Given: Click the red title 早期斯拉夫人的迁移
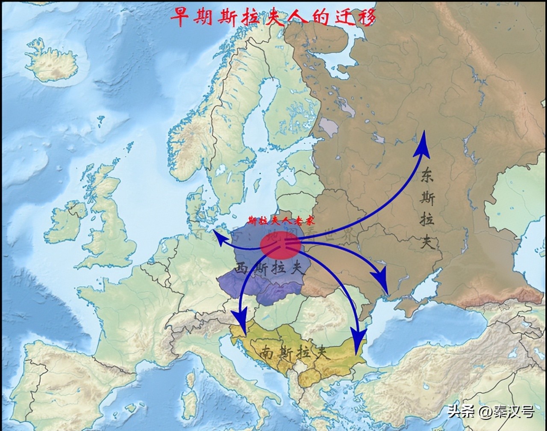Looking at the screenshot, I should tap(273, 17).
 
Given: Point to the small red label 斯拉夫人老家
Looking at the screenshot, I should tap(281, 221).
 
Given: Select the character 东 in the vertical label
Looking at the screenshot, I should tap(426, 175).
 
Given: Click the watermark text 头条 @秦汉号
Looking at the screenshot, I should tap(491, 412).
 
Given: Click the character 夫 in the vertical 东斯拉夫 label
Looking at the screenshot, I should tap(427, 242).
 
